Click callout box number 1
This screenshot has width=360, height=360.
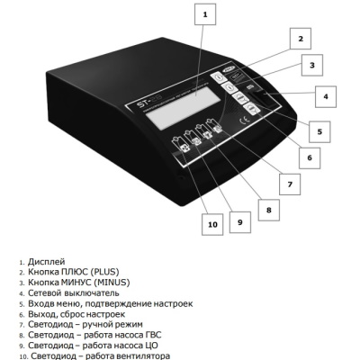pyautogui.click(x=205, y=14)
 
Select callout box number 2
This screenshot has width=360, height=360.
pyautogui.click(x=301, y=39)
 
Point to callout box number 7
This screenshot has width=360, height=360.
pyautogui.click(x=290, y=184)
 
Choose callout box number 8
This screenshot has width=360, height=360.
pyautogui.click(x=269, y=210)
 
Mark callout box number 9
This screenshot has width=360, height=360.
pyautogui.click(x=240, y=222)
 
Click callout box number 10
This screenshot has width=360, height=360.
pyautogui.click(x=212, y=224)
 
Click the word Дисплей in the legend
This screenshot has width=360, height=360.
pyautogui.click(x=46, y=262)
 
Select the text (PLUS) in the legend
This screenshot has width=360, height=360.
pyautogui.click(x=104, y=272)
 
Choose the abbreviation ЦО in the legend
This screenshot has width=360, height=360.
pyautogui.click(x=151, y=346)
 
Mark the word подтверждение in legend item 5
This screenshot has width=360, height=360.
pyautogui.click(x=118, y=304)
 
